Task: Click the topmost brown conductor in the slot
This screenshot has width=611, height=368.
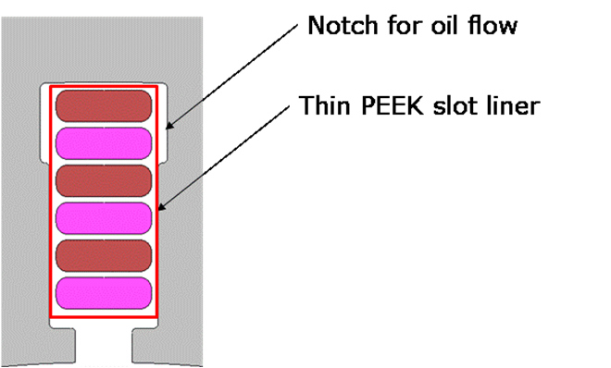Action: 104,105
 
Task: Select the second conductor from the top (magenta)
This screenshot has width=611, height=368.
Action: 104,143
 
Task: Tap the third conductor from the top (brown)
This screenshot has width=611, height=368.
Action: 104,181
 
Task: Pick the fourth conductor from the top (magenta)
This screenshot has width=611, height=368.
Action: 104,218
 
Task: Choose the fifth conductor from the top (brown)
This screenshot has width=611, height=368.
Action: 104,255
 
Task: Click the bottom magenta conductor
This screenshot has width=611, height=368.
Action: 104,293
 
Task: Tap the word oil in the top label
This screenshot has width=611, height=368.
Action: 443,26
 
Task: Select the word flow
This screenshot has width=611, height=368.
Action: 493,26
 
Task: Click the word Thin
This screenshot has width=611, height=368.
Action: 325,105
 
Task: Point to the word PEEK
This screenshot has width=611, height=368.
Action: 393,105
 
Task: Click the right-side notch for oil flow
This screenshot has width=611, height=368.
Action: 163,124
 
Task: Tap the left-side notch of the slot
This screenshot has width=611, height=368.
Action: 44,124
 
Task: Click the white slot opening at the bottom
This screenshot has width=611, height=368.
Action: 104,346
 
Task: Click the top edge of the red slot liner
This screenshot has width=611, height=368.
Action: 104,87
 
